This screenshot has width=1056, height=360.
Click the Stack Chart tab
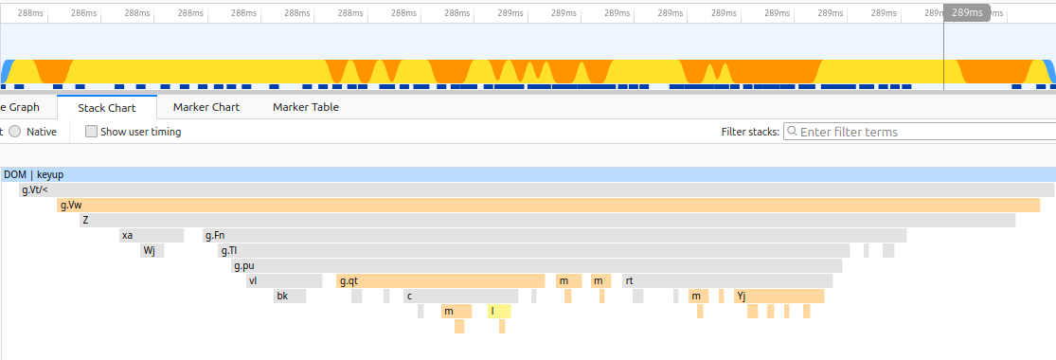point(107,107)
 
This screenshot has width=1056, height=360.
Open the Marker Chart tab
point(206,107)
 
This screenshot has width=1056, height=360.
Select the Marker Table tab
point(305,107)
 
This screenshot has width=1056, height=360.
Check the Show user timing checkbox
point(91,132)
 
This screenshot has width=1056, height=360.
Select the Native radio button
point(15,132)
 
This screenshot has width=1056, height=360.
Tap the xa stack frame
point(151,236)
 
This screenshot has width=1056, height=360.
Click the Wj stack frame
point(152,251)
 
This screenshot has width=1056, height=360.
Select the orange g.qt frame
point(440,281)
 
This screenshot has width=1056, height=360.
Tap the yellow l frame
point(499,311)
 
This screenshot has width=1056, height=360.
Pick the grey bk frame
point(290,297)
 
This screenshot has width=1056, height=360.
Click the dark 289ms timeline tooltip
point(967,13)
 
